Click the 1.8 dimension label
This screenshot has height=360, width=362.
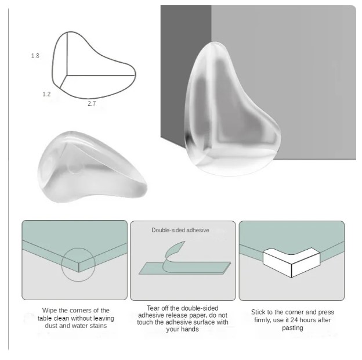[35, 56]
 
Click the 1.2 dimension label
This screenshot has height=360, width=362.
[46, 94]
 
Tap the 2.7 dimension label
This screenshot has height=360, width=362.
[92, 103]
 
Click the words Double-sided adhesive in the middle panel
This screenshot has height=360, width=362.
[180, 230]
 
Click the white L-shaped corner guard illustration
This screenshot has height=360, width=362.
[291, 262]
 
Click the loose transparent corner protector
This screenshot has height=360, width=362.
[92, 167]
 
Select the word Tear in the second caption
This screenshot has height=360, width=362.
[153, 308]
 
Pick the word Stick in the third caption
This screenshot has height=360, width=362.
[258, 312]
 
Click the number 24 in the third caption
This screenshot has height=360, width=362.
[294, 320]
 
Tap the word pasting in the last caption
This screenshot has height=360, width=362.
[292, 328]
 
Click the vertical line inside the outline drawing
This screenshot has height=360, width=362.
[67, 53]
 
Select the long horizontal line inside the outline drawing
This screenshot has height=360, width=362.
[101, 75]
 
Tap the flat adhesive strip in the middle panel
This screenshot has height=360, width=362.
[184, 268]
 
